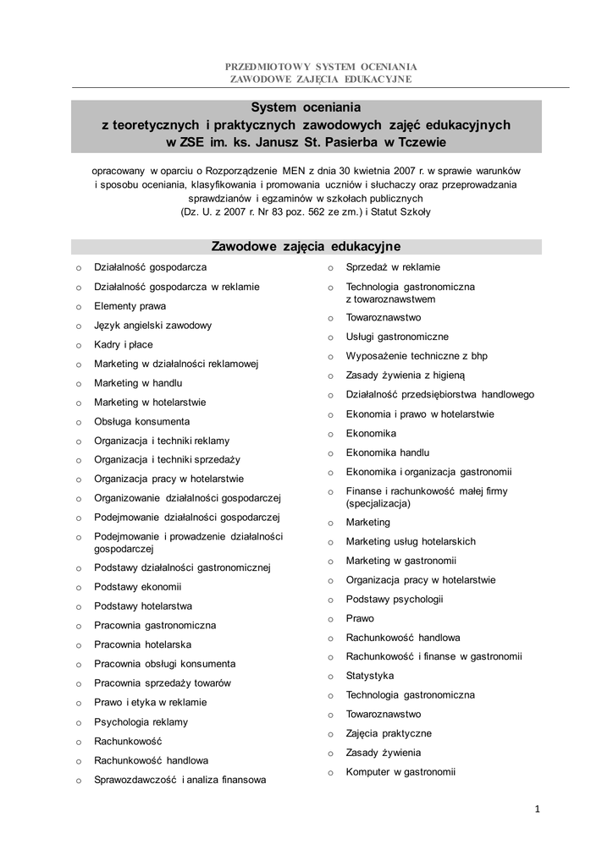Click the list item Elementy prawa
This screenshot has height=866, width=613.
[130, 306]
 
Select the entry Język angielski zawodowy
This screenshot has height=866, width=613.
[152, 326]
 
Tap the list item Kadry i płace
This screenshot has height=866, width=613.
[123, 345]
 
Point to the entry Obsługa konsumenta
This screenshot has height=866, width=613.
[141, 422]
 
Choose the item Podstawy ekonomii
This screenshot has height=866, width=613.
[137, 587]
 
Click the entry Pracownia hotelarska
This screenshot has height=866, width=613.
[142, 644]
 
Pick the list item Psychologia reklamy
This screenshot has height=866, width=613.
[141, 722]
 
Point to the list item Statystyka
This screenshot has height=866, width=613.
[369, 676]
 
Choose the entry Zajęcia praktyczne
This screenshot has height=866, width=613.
[388, 734]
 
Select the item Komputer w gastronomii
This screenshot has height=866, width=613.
[400, 772]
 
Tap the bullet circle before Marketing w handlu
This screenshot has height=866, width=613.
[78, 384]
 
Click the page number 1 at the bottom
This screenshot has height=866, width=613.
[537, 809]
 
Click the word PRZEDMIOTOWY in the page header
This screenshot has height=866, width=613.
[262, 66]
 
